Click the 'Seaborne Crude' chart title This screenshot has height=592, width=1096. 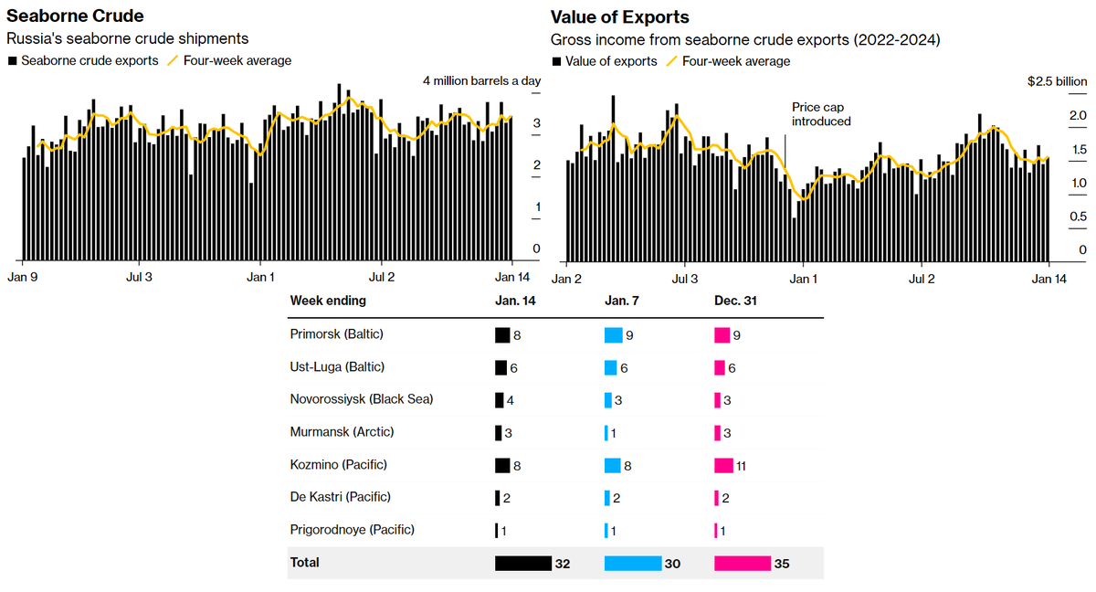point(75,16)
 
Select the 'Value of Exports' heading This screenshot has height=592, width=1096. point(619,17)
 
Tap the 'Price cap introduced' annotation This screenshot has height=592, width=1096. point(821,114)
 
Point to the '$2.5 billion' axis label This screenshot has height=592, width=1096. point(1058,81)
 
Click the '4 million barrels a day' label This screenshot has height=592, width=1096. point(481,81)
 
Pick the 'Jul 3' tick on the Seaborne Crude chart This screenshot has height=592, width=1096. point(138,276)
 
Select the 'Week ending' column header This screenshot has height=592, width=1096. point(328,301)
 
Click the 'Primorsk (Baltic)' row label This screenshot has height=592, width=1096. point(336,334)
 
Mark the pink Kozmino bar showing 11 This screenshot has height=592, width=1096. point(724,465)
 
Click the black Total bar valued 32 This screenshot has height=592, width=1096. point(523,564)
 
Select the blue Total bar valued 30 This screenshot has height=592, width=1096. point(633,564)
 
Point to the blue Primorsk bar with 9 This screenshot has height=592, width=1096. point(613,335)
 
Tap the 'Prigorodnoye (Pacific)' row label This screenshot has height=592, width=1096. point(352,530)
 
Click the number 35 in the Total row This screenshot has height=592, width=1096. point(781,565)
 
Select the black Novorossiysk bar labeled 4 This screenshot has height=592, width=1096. point(499,400)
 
